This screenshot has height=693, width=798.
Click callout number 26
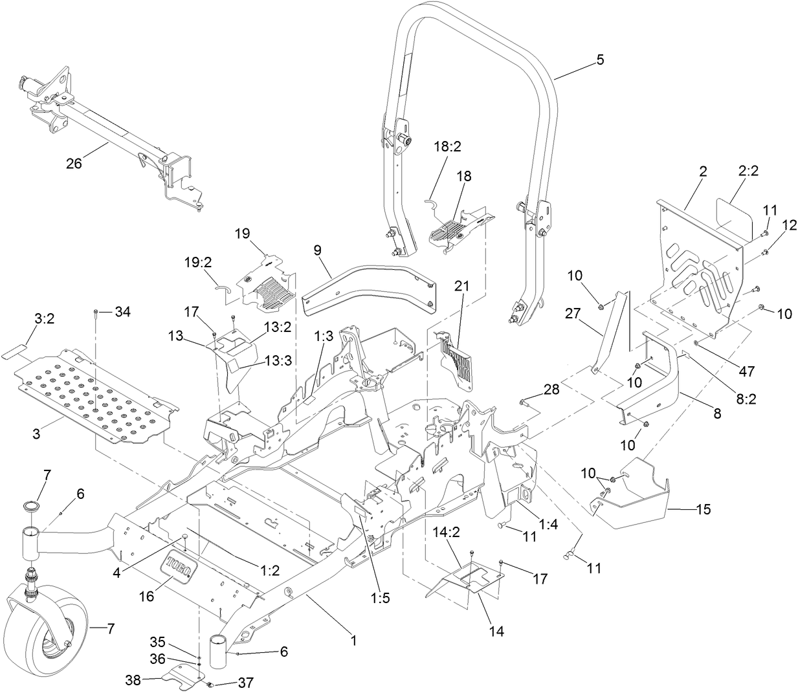coord(74,164)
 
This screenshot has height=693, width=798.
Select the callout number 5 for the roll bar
coord(599,60)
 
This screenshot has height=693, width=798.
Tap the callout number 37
coord(228,683)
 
